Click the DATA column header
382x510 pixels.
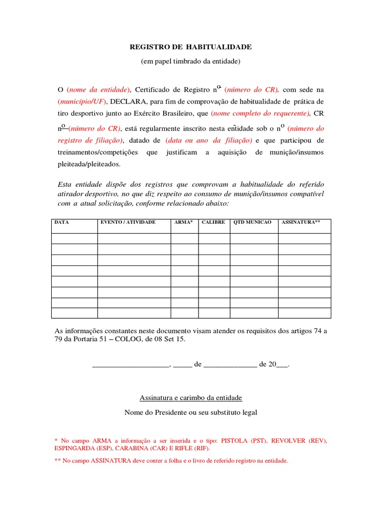pos(62,222)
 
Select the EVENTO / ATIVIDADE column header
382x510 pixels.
pos(128,222)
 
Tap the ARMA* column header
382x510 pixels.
pos(184,222)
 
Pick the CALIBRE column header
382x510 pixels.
pos(213,222)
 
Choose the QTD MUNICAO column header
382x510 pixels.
pos(253,222)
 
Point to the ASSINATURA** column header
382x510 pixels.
pos(298,222)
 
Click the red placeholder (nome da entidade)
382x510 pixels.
pos(98,90)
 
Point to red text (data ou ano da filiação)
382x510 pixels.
pos(209,140)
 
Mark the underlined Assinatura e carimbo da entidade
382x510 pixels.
pos(191,397)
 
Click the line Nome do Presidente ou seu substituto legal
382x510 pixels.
pos(191,412)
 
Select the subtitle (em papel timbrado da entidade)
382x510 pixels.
pos(191,61)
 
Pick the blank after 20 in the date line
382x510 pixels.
pos(282,365)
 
